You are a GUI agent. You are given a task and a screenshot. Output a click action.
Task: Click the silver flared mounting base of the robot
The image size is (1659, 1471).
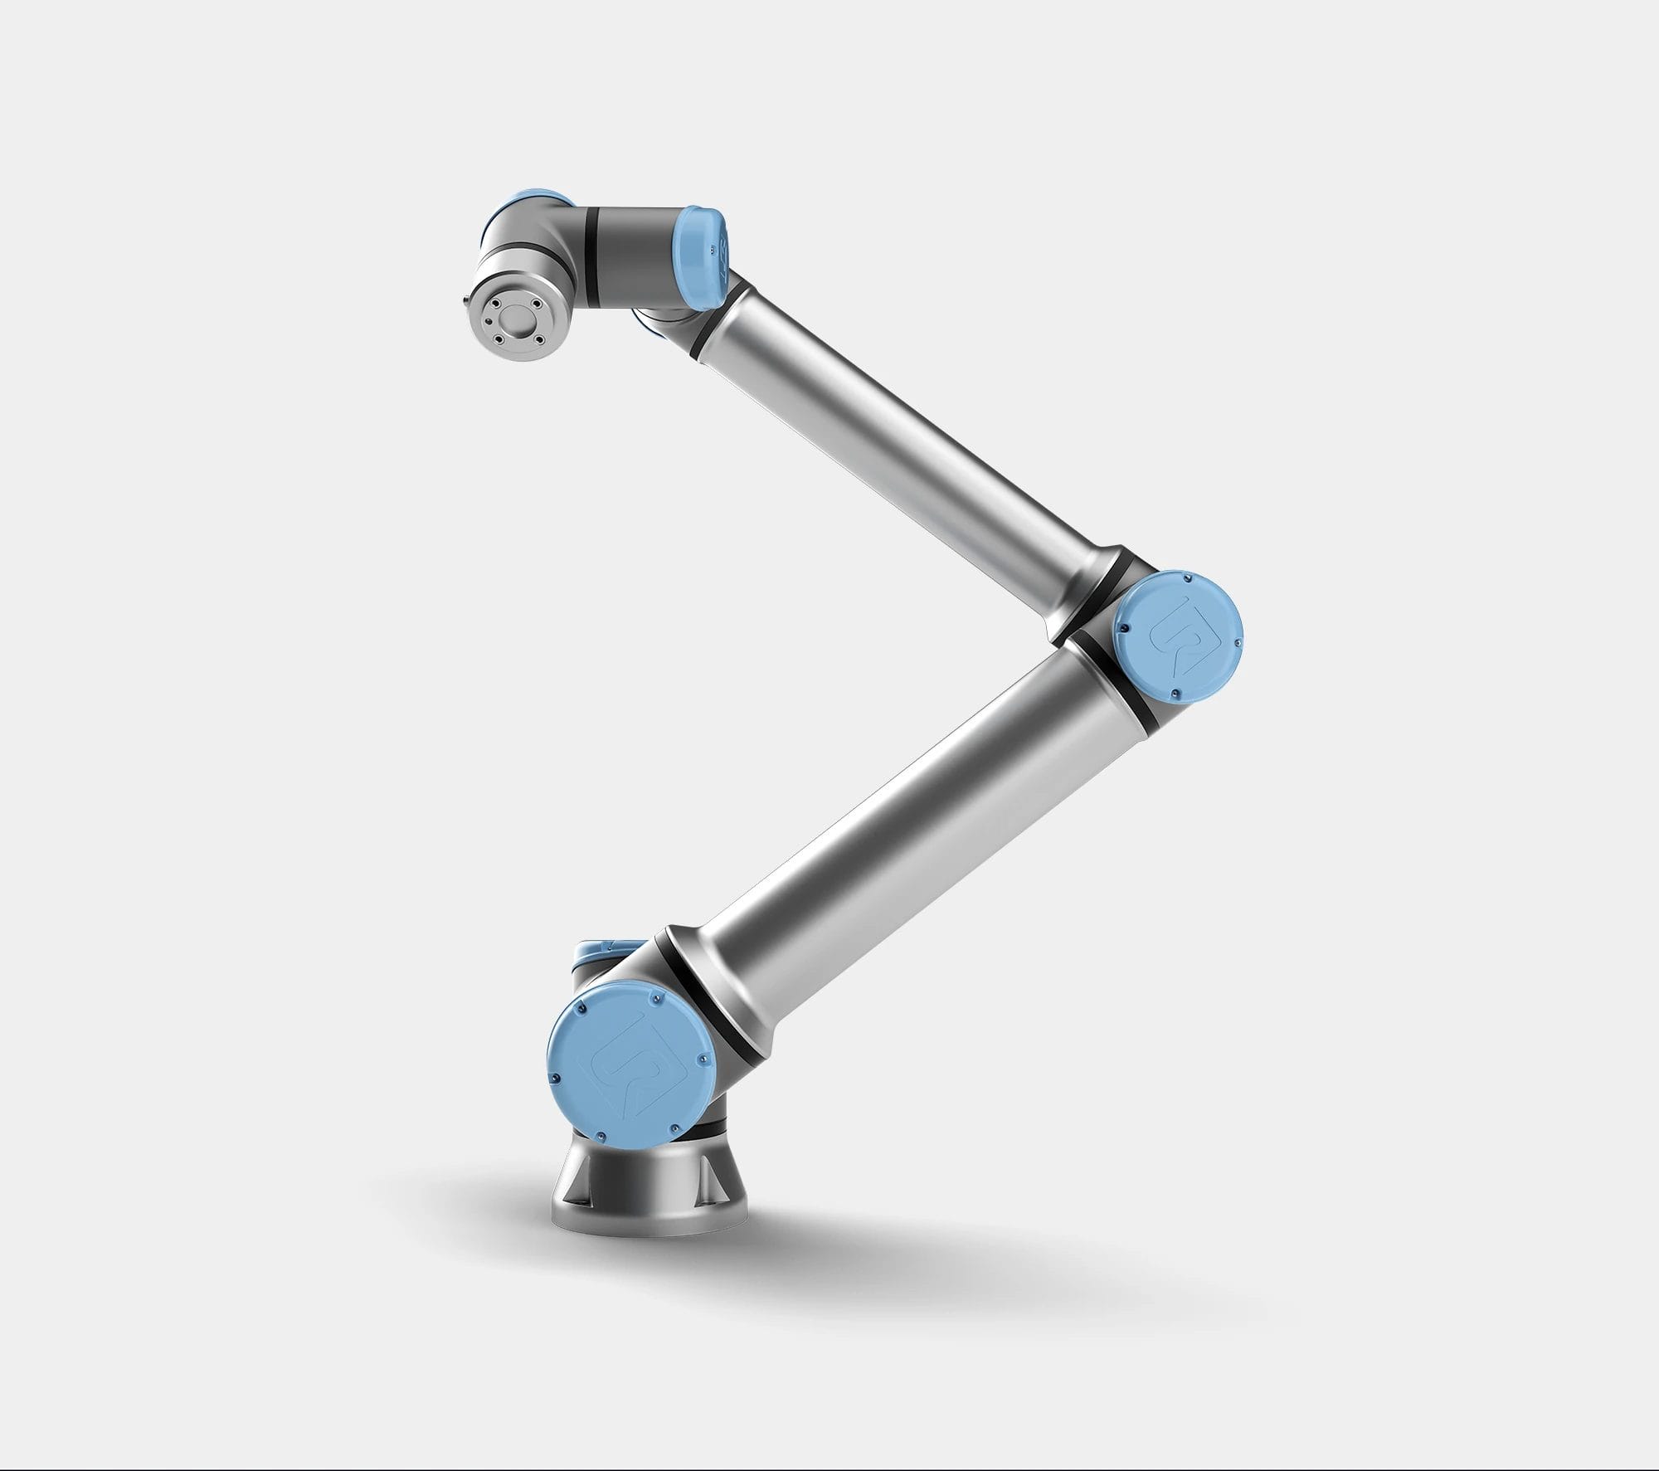647,1211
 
